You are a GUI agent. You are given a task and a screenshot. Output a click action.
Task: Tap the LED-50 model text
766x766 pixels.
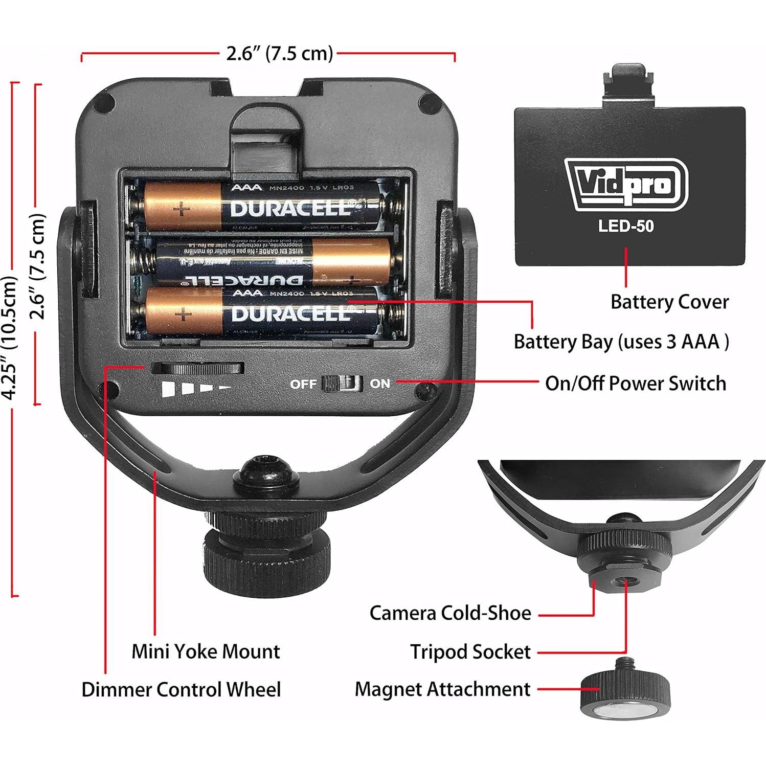click(x=626, y=226)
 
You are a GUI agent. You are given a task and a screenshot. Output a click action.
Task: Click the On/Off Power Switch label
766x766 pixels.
click(x=635, y=383)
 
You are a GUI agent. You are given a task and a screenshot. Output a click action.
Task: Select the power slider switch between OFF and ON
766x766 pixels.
click(x=342, y=383)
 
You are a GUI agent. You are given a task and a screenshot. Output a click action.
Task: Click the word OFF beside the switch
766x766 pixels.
click(x=303, y=384)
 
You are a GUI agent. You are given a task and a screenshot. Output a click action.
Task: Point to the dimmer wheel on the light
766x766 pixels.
click(x=198, y=369)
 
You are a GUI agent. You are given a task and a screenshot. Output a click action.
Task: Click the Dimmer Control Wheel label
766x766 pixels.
click(x=181, y=689)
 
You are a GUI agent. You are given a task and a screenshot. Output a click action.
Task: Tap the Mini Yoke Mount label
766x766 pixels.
click(x=206, y=651)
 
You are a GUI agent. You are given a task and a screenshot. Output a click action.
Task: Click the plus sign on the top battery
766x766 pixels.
click(x=181, y=209)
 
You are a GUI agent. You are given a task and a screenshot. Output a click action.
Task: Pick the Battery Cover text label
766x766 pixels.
click(x=669, y=302)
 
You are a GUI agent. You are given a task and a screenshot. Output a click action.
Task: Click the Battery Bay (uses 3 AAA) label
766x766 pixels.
click(x=621, y=342)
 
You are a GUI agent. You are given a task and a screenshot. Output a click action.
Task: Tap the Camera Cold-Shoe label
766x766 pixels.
click(x=450, y=613)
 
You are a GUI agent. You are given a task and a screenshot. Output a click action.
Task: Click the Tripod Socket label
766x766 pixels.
click(x=470, y=652)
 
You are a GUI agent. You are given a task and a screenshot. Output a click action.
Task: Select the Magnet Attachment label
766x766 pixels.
click(x=442, y=689)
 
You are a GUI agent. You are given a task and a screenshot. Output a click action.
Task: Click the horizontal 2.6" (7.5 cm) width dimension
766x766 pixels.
click(x=279, y=53)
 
